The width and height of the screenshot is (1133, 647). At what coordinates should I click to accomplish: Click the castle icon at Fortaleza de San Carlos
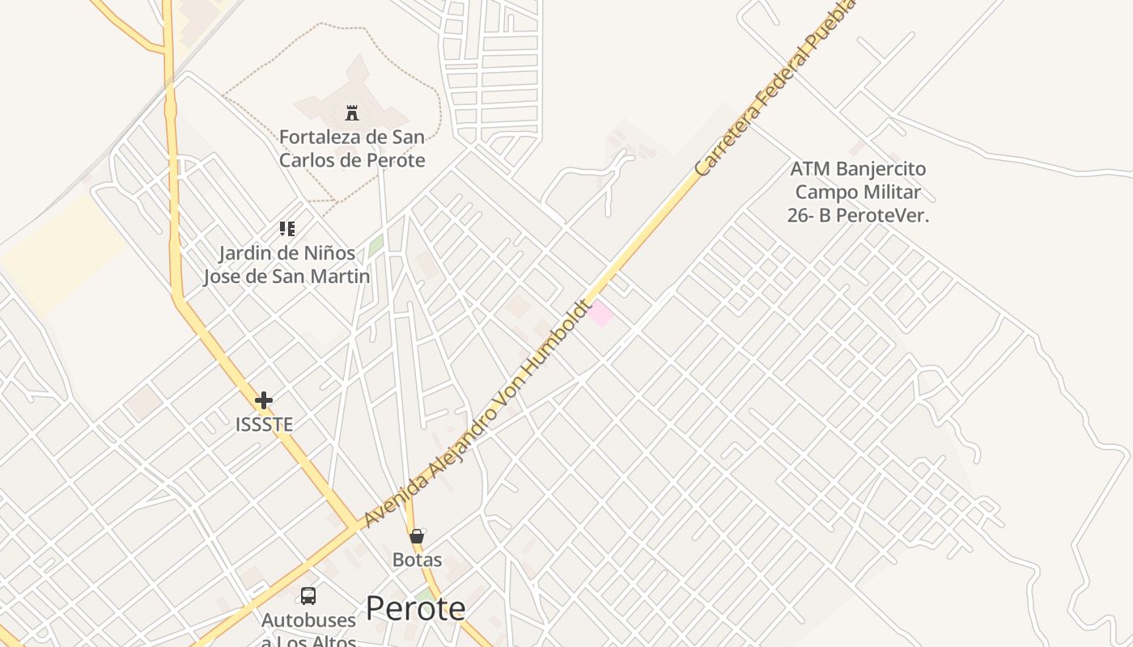pos(352,113)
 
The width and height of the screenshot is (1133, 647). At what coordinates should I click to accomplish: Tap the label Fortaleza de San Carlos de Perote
pos(352,148)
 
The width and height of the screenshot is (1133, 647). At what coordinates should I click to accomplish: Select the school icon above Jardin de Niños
pos(287,229)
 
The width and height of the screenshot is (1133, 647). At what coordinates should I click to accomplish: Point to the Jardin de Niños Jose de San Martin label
pos(286,264)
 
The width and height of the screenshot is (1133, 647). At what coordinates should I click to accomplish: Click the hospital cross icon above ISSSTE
pos(264,400)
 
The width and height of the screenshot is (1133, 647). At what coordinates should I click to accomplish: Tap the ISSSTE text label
pos(264,424)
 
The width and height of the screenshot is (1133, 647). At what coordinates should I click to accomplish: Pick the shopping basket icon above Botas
pos(417,536)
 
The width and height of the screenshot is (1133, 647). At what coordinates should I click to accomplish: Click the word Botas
pos(417,560)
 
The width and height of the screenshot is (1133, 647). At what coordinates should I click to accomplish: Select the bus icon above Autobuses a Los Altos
pos(308,596)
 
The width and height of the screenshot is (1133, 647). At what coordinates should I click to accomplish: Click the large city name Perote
pos(415,608)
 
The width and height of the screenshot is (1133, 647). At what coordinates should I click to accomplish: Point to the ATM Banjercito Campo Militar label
pos(858,192)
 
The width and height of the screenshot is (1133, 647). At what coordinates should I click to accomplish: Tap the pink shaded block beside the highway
pos(600,314)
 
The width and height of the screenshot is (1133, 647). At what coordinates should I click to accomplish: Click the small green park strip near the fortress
pos(376,246)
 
